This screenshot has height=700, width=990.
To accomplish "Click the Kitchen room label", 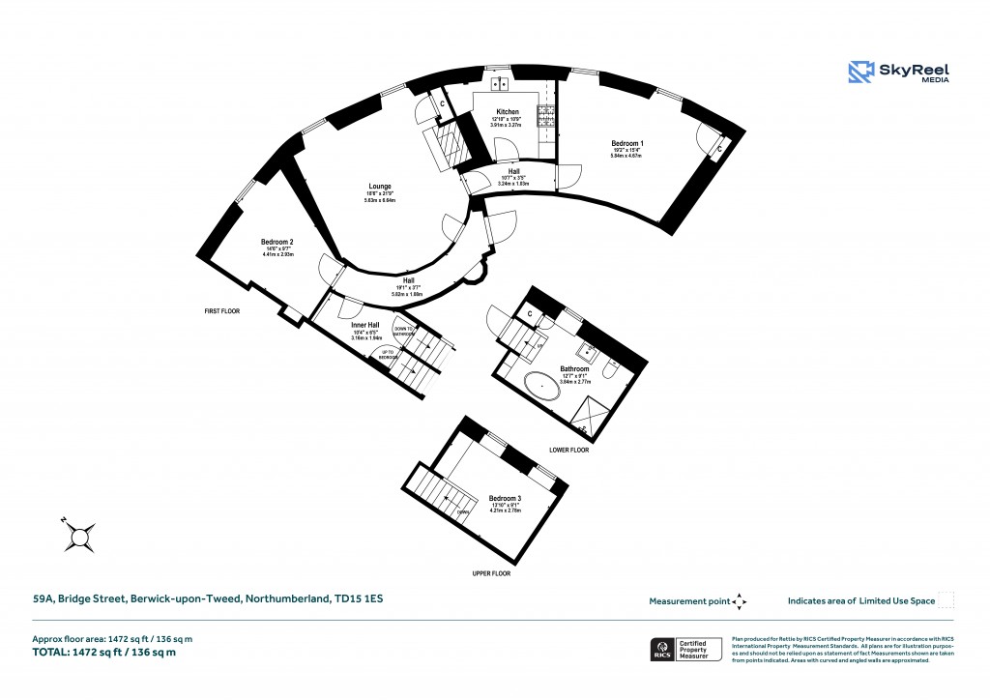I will (x=508, y=112).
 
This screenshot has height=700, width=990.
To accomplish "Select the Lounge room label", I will (x=379, y=187).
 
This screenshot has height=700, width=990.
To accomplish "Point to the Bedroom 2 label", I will (x=277, y=242).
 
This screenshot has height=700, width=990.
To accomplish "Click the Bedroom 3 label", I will (x=505, y=498).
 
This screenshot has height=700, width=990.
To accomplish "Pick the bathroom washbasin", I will (x=586, y=352).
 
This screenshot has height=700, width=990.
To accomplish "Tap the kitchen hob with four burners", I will (x=545, y=116).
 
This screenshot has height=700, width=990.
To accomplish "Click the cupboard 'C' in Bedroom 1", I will (x=717, y=149).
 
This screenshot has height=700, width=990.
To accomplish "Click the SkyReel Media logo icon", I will (x=861, y=73).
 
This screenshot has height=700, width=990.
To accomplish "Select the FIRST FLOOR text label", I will (x=220, y=311).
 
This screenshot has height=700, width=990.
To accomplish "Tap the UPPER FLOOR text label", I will (x=490, y=573).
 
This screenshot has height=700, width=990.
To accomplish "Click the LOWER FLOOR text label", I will (x=568, y=450).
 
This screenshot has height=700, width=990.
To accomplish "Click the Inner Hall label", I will (x=365, y=325).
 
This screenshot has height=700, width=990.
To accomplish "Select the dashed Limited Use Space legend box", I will (x=946, y=600).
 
